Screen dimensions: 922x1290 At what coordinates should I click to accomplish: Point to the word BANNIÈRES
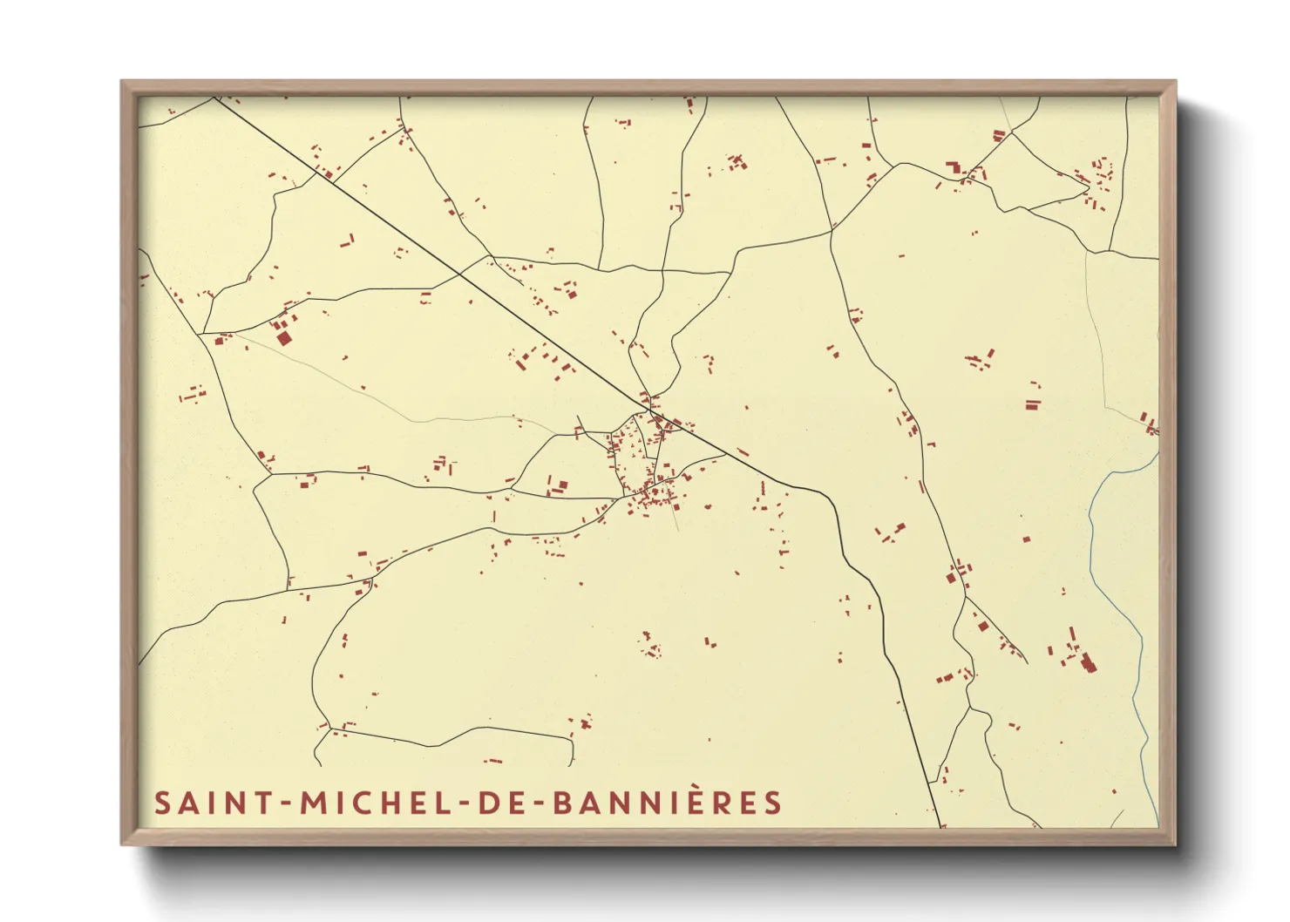pyautogui.click(x=667, y=803)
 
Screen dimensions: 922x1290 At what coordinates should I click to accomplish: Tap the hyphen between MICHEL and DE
pyautogui.click(x=464, y=803)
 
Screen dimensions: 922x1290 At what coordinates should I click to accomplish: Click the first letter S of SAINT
pyautogui.click(x=162, y=803)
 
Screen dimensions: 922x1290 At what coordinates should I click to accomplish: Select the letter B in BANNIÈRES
pyautogui.click(x=563, y=803)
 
